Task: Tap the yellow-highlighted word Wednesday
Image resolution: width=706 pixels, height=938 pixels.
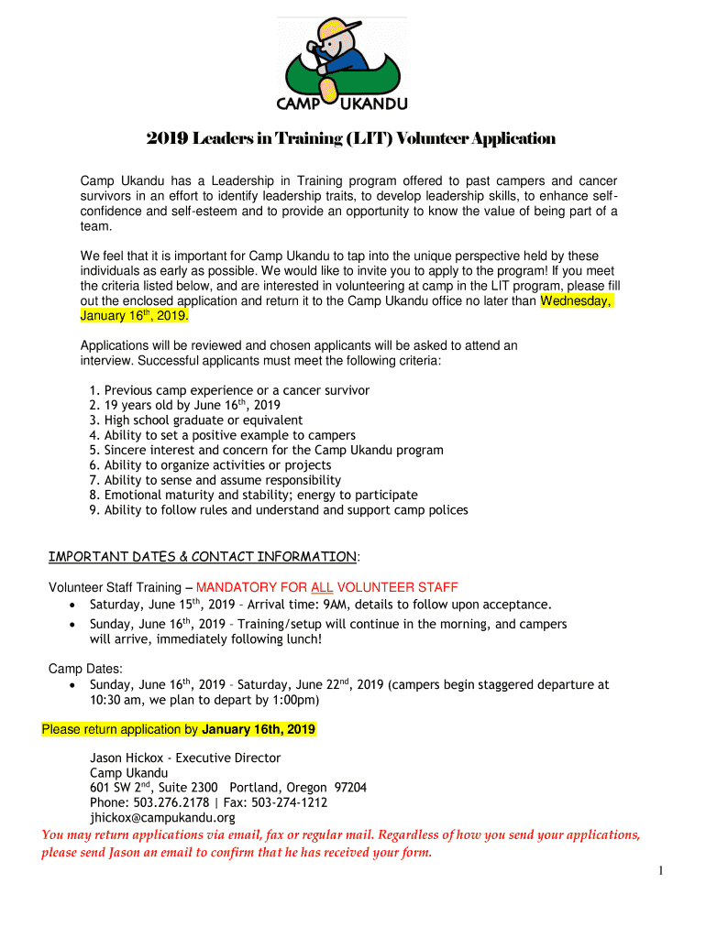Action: pyautogui.click(x=576, y=301)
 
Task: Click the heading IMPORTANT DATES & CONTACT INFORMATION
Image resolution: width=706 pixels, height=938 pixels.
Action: pyautogui.click(x=202, y=557)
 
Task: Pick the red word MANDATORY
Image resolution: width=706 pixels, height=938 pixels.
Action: pyautogui.click(x=240, y=588)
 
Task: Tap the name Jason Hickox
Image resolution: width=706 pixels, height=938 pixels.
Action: pyautogui.click(x=128, y=758)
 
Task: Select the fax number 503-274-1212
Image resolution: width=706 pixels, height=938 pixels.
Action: pyautogui.click(x=290, y=802)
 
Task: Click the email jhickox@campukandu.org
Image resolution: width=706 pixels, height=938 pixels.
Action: pyautogui.click(x=162, y=817)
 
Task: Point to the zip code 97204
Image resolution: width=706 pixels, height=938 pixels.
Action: pyautogui.click(x=350, y=788)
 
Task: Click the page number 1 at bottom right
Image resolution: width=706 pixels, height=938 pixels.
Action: pyautogui.click(x=659, y=871)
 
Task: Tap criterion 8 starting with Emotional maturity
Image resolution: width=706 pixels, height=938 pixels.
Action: pyautogui.click(x=252, y=495)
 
